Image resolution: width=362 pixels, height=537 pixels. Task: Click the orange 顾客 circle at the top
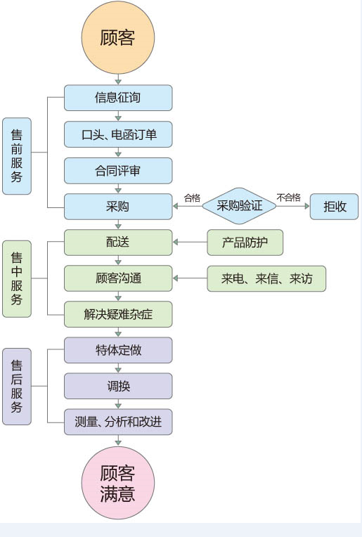[118, 37]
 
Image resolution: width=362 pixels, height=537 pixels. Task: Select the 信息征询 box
[118, 98]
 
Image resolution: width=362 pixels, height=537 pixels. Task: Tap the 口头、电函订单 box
[118, 134]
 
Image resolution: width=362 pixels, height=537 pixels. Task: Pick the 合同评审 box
[118, 171]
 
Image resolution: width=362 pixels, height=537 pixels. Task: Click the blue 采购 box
[118, 207]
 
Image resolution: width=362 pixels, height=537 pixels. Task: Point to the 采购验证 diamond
[239, 206]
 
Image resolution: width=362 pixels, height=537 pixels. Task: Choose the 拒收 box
[335, 207]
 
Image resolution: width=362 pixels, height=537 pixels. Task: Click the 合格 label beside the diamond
[192, 198]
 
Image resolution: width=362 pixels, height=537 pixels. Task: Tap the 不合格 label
[289, 198]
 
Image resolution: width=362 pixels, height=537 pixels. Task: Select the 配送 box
[118, 242]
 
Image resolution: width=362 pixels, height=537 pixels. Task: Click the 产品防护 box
[245, 242]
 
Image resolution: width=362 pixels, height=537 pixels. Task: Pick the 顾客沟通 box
[118, 278]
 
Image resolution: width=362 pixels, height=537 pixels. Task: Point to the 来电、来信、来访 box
[266, 278]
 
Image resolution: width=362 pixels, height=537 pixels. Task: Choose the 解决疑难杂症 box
[118, 314]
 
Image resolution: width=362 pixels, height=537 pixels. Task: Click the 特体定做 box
[118, 350]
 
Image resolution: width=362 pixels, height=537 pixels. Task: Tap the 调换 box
[118, 386]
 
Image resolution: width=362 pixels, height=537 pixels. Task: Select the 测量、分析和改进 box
[118, 422]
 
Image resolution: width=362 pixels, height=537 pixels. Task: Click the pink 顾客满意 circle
[118, 483]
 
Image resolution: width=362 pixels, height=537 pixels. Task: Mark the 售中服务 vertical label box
[17, 279]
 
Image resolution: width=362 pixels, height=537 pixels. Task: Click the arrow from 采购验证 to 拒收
[293, 206]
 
